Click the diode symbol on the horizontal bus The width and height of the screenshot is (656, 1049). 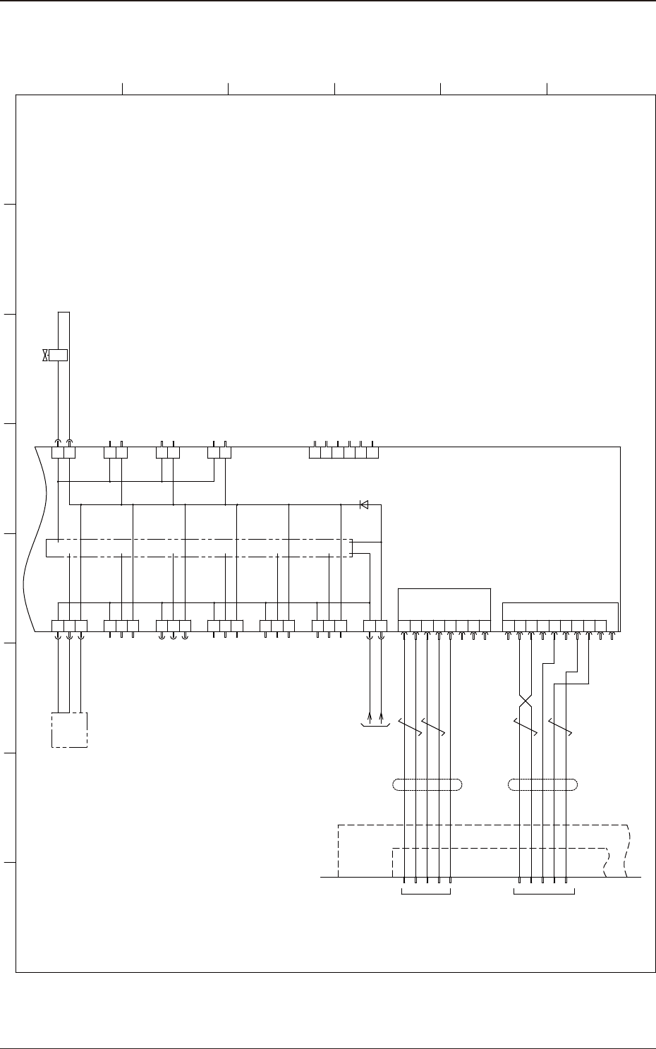(x=364, y=504)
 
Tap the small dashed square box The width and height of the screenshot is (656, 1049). (x=69, y=729)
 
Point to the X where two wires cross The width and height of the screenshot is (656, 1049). (x=525, y=703)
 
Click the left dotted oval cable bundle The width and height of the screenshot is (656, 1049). (x=427, y=784)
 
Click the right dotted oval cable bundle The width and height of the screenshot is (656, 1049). (x=543, y=784)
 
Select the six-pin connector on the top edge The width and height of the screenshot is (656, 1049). (x=344, y=451)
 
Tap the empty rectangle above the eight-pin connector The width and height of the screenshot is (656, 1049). (x=444, y=604)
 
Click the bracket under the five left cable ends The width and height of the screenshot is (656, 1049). (x=426, y=894)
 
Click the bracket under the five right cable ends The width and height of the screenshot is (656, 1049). (x=544, y=894)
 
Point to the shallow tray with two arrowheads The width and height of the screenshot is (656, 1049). (x=375, y=723)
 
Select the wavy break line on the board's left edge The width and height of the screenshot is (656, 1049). (x=34, y=536)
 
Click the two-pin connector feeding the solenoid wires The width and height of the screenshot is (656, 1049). (x=63, y=451)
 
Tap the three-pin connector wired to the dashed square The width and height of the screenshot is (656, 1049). (x=69, y=626)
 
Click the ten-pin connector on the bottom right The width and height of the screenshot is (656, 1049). (x=559, y=626)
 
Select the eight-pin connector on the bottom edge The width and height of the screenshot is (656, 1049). (x=444, y=626)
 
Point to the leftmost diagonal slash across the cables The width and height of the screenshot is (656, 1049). (x=409, y=728)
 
